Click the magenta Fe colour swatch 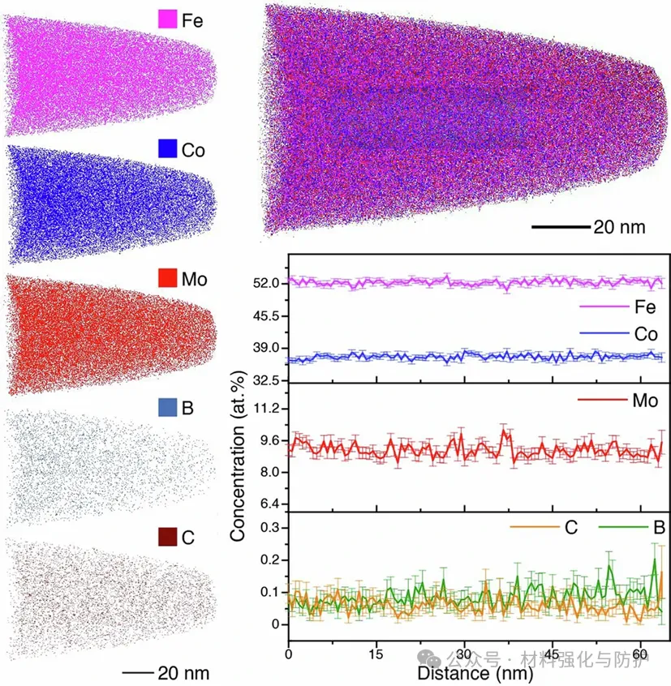(x=168, y=18)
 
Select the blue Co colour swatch (x=168, y=148)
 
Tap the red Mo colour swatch (x=168, y=280)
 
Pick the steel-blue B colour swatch (x=168, y=406)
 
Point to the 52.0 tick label (x=266, y=284)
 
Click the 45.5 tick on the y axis (x=266, y=315)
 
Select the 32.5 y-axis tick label (x=266, y=380)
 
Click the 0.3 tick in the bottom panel (x=271, y=528)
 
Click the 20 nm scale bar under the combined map (x=561, y=227)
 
